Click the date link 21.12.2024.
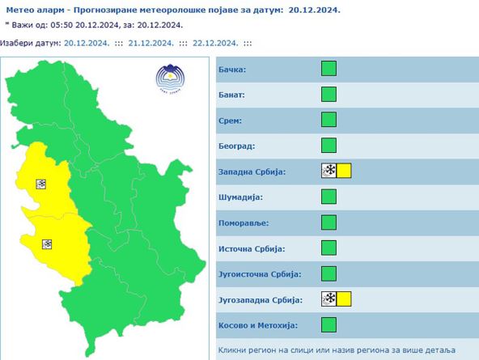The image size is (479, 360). click(x=150, y=43)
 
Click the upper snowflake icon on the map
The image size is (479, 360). click(x=41, y=184)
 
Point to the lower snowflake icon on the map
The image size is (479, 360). click(x=47, y=244)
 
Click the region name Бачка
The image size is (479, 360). click(x=232, y=69)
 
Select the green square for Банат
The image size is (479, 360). click(x=329, y=94)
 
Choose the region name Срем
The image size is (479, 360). click(x=231, y=121)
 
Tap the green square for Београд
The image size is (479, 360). click(x=329, y=146)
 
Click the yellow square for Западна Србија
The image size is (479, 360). click(x=344, y=171)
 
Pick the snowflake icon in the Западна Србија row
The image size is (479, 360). click(x=329, y=171)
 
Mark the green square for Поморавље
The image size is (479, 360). click(x=329, y=222)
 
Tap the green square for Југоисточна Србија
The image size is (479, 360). click(x=329, y=273)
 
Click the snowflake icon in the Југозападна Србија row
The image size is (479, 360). click(x=329, y=299)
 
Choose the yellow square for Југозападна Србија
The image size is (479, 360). click(x=344, y=299)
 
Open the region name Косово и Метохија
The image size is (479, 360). click(x=258, y=325)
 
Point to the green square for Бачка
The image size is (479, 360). click(x=329, y=68)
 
